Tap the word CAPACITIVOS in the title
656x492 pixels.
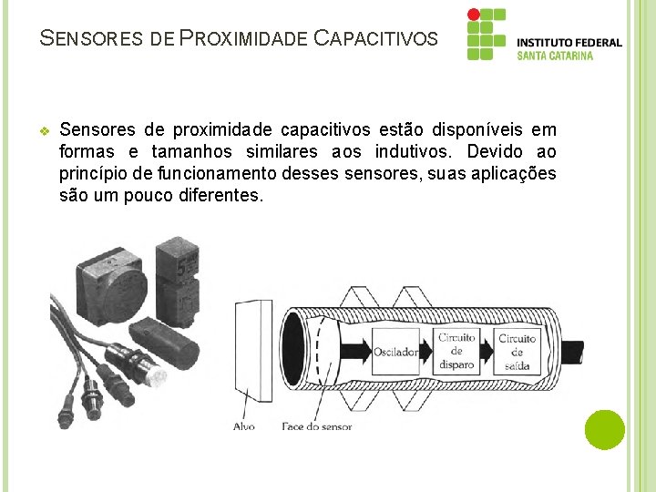(375, 39)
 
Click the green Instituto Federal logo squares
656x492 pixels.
(485, 35)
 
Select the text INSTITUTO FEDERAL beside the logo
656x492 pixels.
(569, 42)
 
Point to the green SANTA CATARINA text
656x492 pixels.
(555, 56)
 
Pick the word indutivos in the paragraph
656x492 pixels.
(410, 151)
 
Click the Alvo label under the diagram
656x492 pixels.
(244, 425)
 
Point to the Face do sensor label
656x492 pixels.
(316, 425)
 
